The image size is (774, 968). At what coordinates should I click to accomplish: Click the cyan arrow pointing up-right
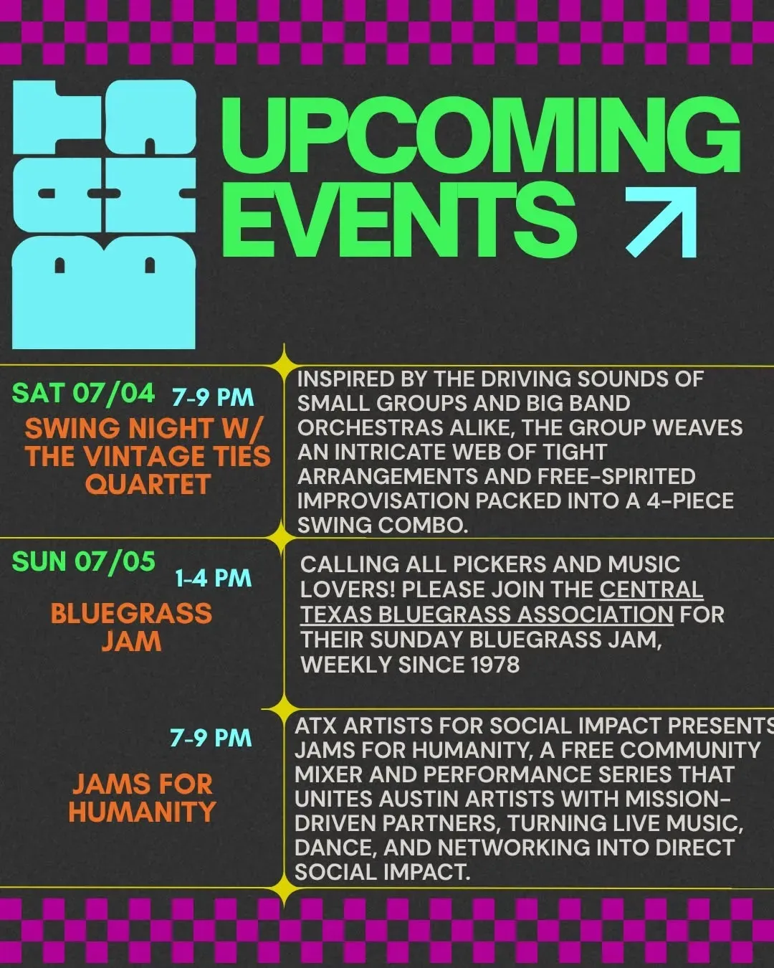pyautogui.click(x=661, y=222)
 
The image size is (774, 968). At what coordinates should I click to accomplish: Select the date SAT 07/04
pyautogui.click(x=83, y=394)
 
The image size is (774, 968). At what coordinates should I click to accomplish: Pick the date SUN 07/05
pyautogui.click(x=84, y=561)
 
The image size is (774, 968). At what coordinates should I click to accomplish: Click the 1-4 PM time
pyautogui.click(x=213, y=578)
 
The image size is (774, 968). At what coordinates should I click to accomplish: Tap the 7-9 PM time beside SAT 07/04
pyautogui.click(x=213, y=398)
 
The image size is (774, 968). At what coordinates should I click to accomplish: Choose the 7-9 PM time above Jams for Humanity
pyautogui.click(x=211, y=738)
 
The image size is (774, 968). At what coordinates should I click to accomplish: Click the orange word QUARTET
pyautogui.click(x=148, y=484)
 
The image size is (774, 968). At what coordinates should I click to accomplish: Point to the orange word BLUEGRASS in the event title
pyautogui.click(x=131, y=613)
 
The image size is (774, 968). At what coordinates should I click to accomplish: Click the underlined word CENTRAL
pyautogui.click(x=651, y=589)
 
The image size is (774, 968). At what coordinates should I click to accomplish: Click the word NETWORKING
pyautogui.click(x=513, y=848)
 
